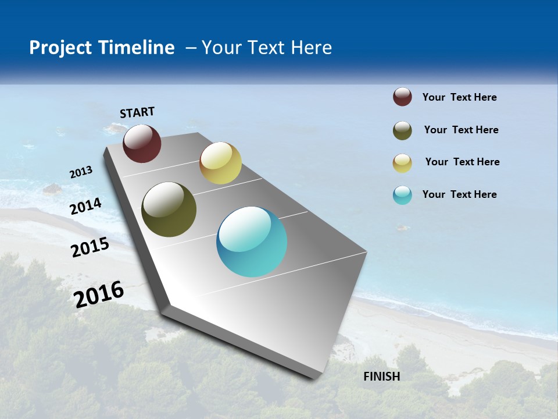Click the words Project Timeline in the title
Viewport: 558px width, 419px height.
point(102,48)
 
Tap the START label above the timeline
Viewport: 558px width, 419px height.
point(137,112)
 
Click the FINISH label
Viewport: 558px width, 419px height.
point(382,377)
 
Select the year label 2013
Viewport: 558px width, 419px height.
point(81,172)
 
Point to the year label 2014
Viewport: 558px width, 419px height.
point(86,207)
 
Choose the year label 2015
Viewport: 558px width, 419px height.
point(90,247)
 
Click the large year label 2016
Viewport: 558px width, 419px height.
point(99,294)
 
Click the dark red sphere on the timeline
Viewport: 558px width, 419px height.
point(142,144)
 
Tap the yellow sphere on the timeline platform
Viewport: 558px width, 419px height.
point(220,163)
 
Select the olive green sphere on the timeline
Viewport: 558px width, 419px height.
point(169,210)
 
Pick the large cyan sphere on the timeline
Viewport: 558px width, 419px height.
point(252,242)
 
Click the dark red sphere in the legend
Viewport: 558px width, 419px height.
point(402,97)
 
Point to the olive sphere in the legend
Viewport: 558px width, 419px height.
point(402,130)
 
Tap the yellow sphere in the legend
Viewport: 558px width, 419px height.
point(402,163)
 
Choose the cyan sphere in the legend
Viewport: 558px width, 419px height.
point(402,195)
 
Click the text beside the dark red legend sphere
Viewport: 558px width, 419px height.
point(459,97)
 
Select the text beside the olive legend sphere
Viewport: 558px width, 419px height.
point(461,130)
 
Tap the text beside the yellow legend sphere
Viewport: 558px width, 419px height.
point(462,162)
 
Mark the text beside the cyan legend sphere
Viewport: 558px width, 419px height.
point(459,194)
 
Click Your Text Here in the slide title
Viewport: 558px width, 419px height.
point(267,48)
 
